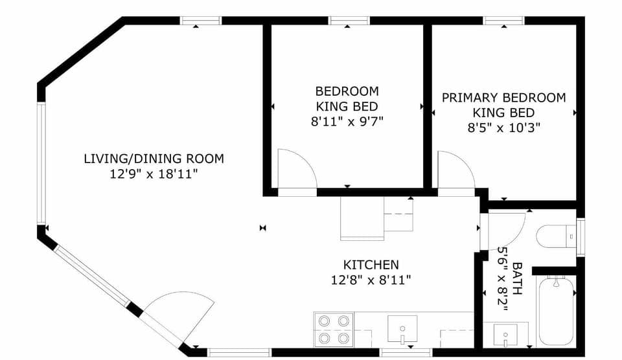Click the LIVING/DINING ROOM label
[154, 158]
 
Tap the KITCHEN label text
[371, 264]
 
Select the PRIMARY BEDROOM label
[503, 98]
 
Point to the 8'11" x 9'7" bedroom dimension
[347, 120]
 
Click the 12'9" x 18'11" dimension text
[154, 174]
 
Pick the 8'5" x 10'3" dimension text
[503, 128]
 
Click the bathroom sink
[505, 336]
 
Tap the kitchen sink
[402, 329]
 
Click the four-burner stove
[333, 329]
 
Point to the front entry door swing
[181, 317]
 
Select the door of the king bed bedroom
[295, 172]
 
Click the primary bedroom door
[455, 172]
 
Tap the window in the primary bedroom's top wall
[504, 21]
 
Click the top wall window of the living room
[200, 21]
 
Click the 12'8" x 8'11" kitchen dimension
[371, 280]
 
